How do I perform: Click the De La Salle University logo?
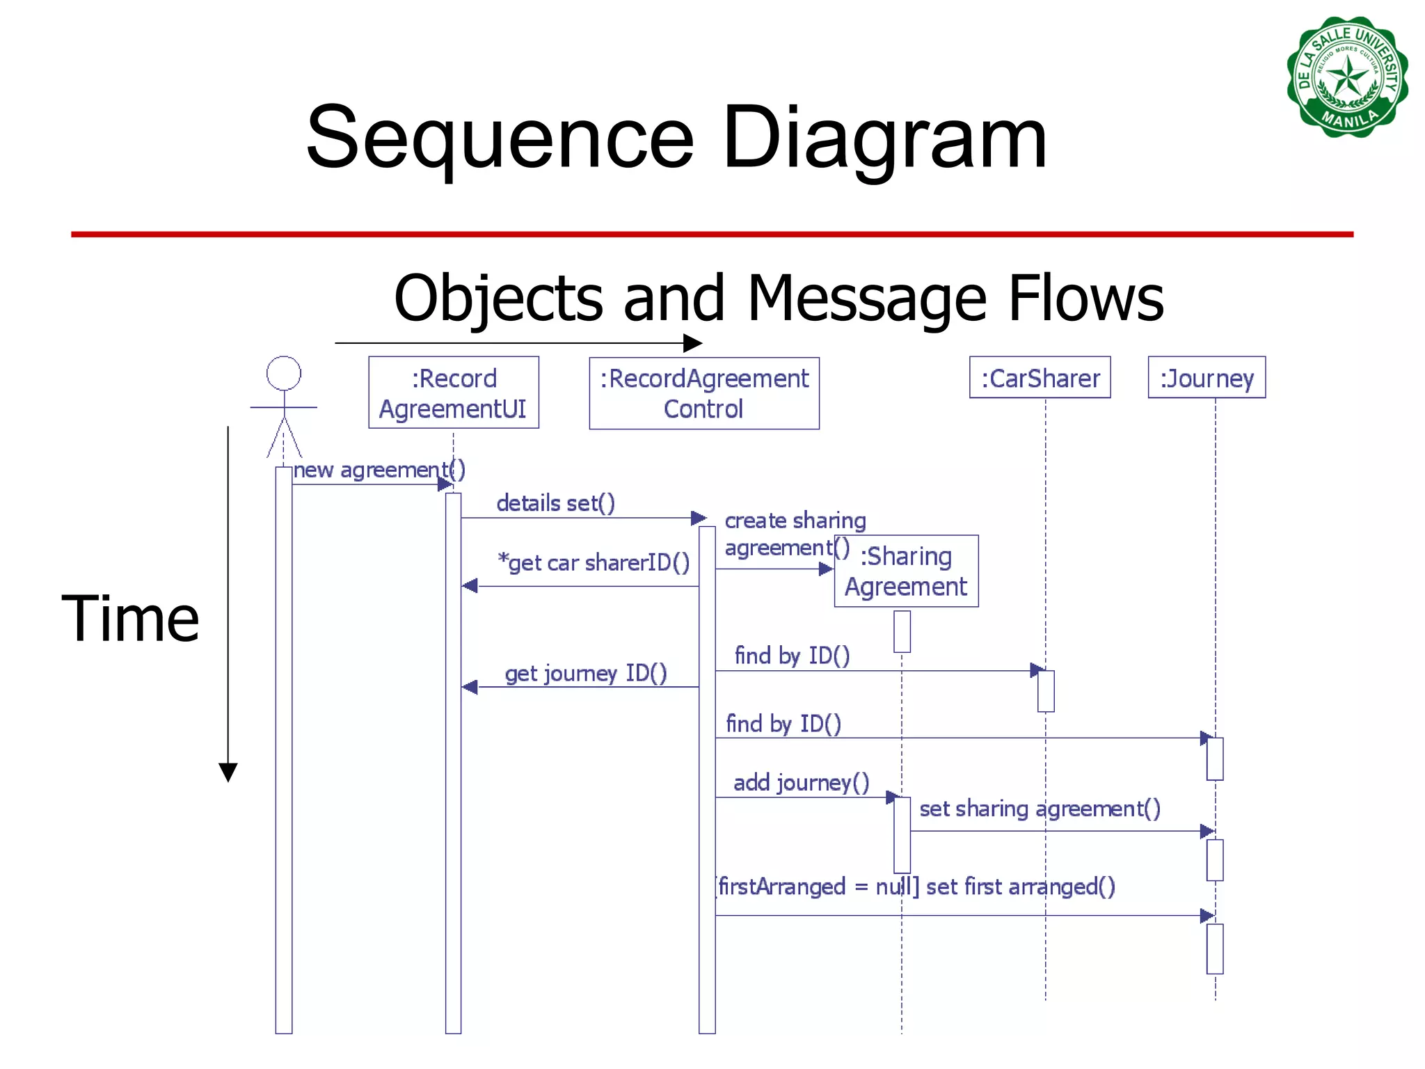pyautogui.click(x=1347, y=77)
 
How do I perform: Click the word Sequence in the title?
pyautogui.click(x=500, y=137)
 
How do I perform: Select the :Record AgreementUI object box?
pyautogui.click(x=453, y=393)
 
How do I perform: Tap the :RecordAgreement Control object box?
pyautogui.click(x=703, y=393)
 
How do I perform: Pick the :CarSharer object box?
pyautogui.click(x=1040, y=378)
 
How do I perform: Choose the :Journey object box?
pyautogui.click(x=1206, y=378)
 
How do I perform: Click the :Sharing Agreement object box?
pyautogui.click(x=906, y=571)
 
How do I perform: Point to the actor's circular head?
pyautogui.click(x=284, y=374)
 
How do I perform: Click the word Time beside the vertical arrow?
pyautogui.click(x=130, y=619)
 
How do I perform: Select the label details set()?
pyautogui.click(x=555, y=502)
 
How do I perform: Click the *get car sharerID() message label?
pyautogui.click(x=594, y=562)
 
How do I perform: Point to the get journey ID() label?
pyautogui.click(x=585, y=673)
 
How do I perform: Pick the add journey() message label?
pyautogui.click(x=801, y=782)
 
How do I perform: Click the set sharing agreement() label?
pyautogui.click(x=1040, y=809)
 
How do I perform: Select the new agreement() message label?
pyautogui.click(x=379, y=470)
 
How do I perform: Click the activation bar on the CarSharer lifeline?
pyautogui.click(x=1045, y=691)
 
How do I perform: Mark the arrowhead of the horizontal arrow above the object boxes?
pyautogui.click(x=693, y=343)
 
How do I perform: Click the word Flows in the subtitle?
pyautogui.click(x=1085, y=298)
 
